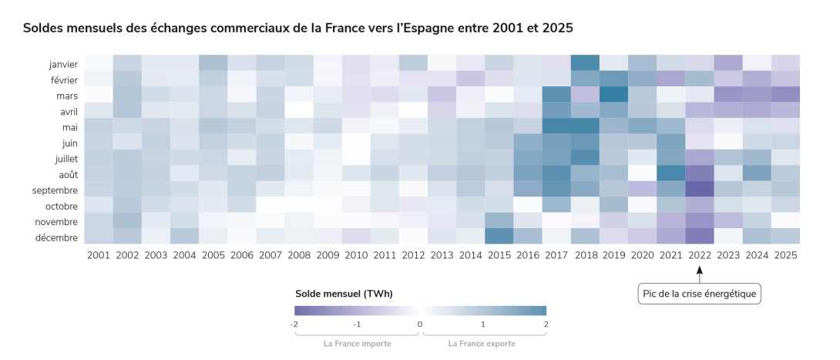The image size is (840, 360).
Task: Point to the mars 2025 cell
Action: pos(785,94)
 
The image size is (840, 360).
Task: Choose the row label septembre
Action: pos(55,190)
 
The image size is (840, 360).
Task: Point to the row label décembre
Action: pos(56,237)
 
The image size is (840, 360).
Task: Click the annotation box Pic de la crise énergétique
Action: pos(699,293)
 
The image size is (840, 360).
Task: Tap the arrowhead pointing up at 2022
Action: pos(699,270)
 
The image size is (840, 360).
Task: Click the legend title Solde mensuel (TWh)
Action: pos(344,294)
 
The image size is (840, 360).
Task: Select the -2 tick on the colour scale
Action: pos(294,325)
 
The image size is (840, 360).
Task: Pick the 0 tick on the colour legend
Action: pos(420,325)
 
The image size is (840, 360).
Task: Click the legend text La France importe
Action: pos(357,344)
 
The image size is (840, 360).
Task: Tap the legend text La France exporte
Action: pos(482,344)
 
